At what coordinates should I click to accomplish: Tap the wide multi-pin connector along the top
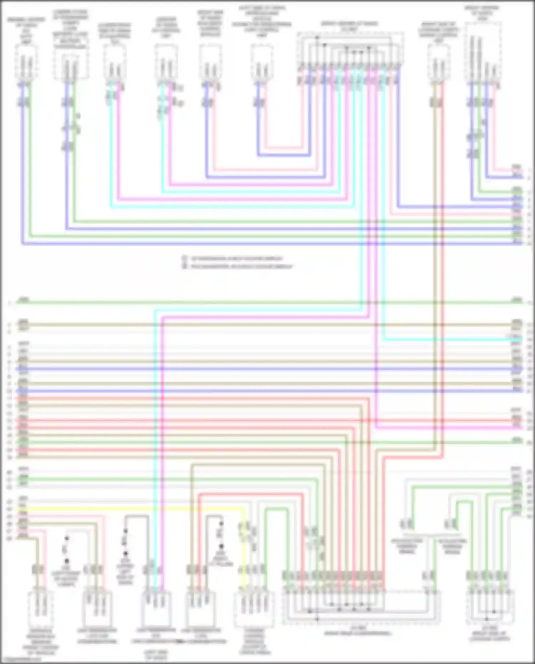tap(350, 50)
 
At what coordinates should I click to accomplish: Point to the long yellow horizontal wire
tap(136, 509)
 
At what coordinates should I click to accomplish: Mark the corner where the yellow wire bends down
tap(244, 510)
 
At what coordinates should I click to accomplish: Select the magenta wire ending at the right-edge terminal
tap(446, 427)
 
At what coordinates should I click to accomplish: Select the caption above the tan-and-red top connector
tap(438, 32)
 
